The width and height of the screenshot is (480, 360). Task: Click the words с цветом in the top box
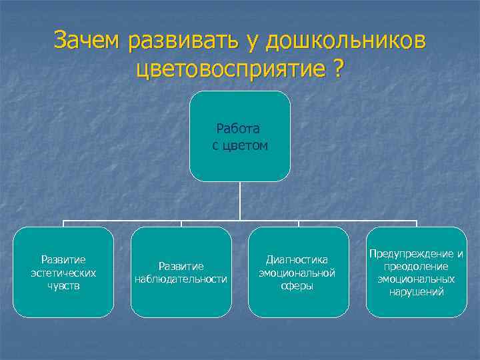[x=240, y=145]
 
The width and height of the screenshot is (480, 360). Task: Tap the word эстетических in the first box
[x=63, y=273]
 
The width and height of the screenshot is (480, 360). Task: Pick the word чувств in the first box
[x=63, y=285]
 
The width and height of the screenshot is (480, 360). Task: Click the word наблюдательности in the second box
[x=181, y=279]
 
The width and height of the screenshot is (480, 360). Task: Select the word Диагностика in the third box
[x=298, y=259]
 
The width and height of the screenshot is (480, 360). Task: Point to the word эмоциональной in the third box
[x=298, y=273]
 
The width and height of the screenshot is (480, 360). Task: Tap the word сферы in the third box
[x=298, y=285]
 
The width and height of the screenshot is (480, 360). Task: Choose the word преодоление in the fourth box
[x=416, y=266]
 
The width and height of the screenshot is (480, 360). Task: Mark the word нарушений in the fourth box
[x=416, y=292]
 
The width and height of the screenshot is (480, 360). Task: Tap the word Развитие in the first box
[x=63, y=259]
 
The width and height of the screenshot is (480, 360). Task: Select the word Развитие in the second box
[x=181, y=265]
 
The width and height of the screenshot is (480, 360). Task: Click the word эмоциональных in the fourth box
[x=416, y=279]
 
